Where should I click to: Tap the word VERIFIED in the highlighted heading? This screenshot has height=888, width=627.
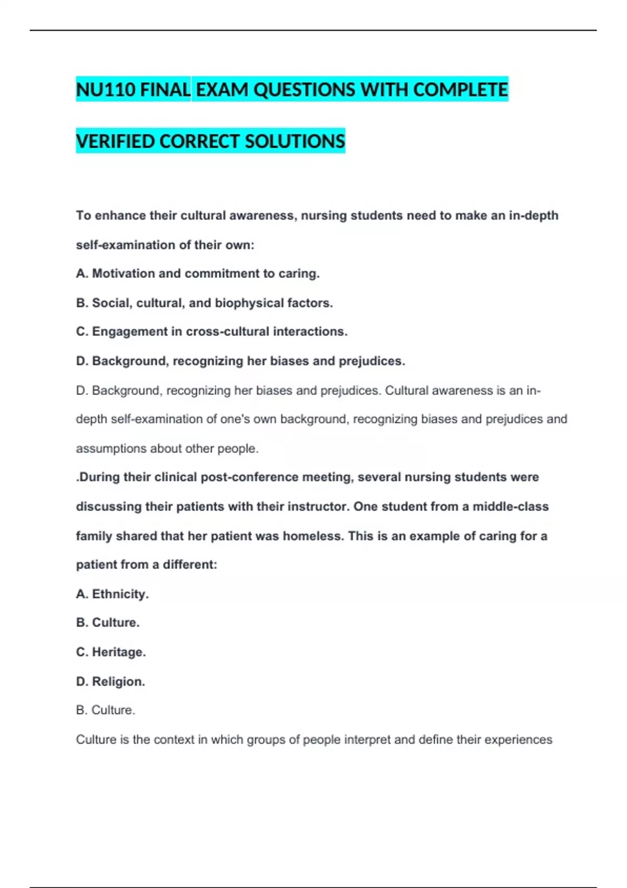coord(114,142)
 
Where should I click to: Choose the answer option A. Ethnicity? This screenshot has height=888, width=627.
coord(112,594)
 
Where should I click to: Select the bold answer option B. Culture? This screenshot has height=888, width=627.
coord(108,623)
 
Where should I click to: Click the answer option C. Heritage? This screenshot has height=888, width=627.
coord(111,652)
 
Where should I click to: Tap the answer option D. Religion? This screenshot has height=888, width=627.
coord(110,682)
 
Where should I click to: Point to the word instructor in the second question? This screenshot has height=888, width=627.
coord(309,507)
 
